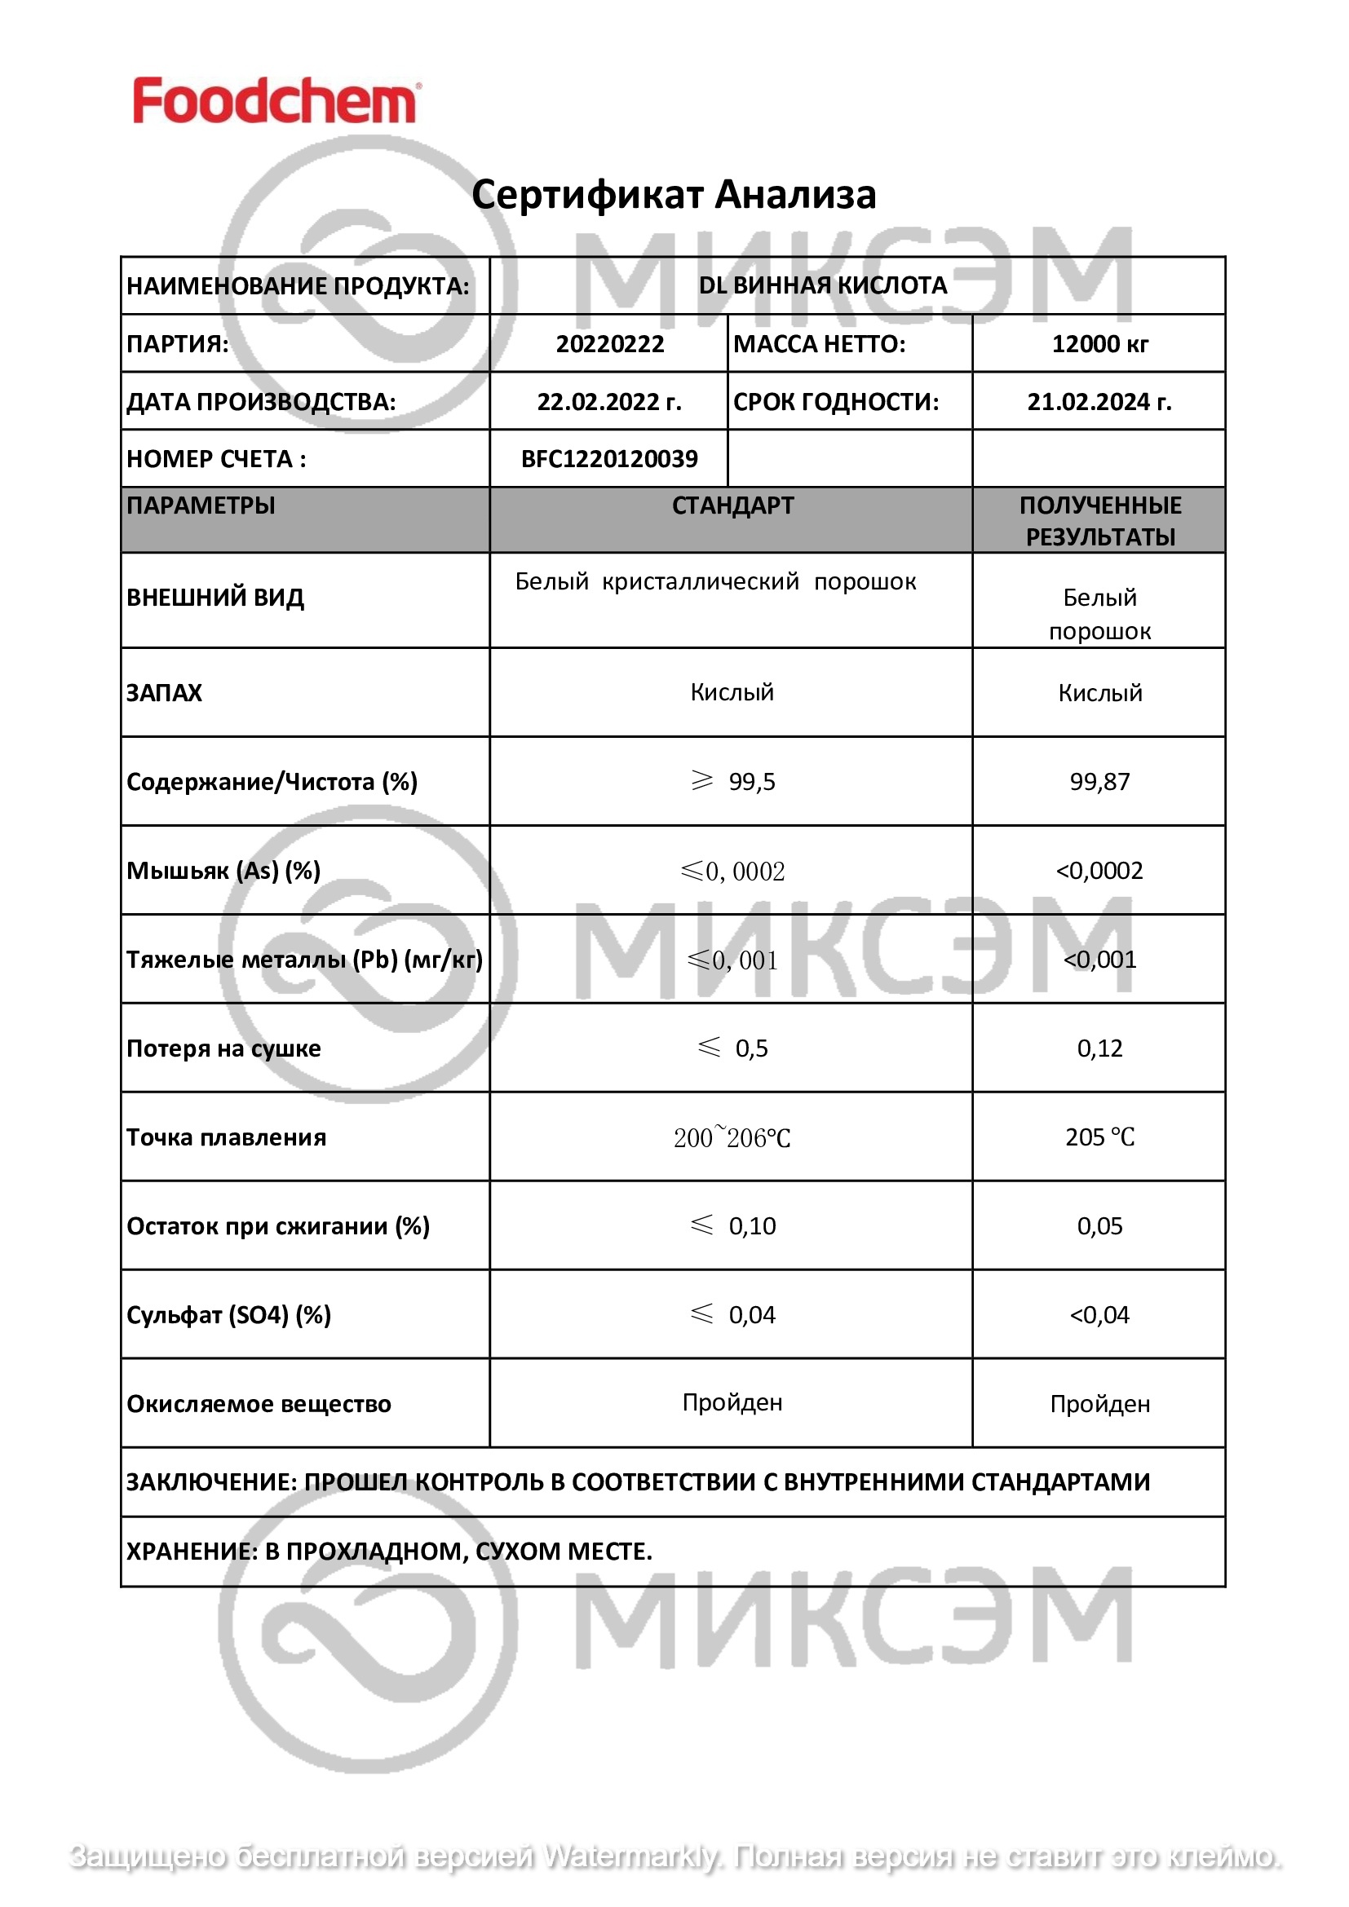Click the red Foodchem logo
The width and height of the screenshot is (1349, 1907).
pos(276,101)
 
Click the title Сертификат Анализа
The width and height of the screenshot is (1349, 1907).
pos(674,194)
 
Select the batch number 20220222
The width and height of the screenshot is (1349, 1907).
pos(610,344)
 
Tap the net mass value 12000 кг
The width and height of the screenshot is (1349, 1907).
pos(1099,344)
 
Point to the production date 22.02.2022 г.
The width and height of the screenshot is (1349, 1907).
pos(609,402)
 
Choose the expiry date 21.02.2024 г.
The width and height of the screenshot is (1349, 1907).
pos(1099,402)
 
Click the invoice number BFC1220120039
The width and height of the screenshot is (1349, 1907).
pos(609,458)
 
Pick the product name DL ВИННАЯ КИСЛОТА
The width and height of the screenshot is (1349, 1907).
pos(822,285)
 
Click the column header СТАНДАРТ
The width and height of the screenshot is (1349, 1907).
pos(732,505)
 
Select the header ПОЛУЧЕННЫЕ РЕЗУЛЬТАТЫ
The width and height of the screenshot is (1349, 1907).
pos(1099,521)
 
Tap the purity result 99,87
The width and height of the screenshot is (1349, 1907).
pos(1099,782)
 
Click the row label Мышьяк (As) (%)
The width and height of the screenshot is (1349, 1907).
pos(223,871)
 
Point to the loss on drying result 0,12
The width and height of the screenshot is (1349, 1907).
pos(1099,1048)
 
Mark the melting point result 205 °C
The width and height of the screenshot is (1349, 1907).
pos(1099,1137)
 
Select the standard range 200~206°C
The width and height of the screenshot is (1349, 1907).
pos(732,1137)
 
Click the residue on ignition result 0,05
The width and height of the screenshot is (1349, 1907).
pos(1099,1226)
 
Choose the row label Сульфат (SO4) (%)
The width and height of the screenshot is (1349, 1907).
pos(228,1315)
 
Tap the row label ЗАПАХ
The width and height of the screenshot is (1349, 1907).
pos(164,693)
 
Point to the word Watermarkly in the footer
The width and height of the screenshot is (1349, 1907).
pos(630,1856)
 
